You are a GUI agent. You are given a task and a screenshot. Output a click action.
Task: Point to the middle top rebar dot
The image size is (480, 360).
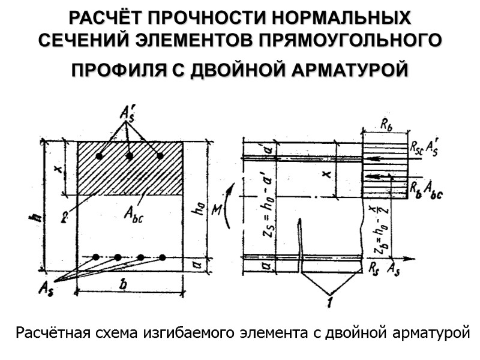(x=130, y=156)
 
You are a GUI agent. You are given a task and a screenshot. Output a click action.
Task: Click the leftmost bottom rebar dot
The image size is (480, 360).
(x=96, y=257)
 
